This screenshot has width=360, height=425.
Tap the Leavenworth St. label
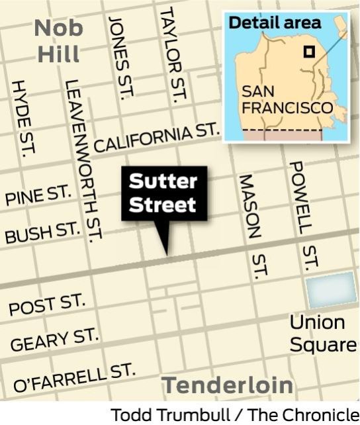tap(84, 159)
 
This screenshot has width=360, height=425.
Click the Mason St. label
tap(254, 225)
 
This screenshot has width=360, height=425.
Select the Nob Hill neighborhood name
tap(58, 40)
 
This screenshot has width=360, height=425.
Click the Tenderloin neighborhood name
tap(228, 385)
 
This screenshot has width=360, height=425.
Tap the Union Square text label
tap(323, 334)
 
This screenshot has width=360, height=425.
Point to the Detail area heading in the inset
tap(274, 22)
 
